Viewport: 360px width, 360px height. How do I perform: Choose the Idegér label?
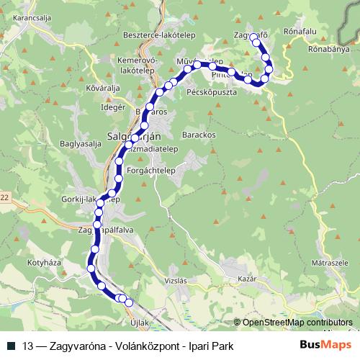point(114,107)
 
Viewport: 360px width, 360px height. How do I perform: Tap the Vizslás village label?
point(176,283)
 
